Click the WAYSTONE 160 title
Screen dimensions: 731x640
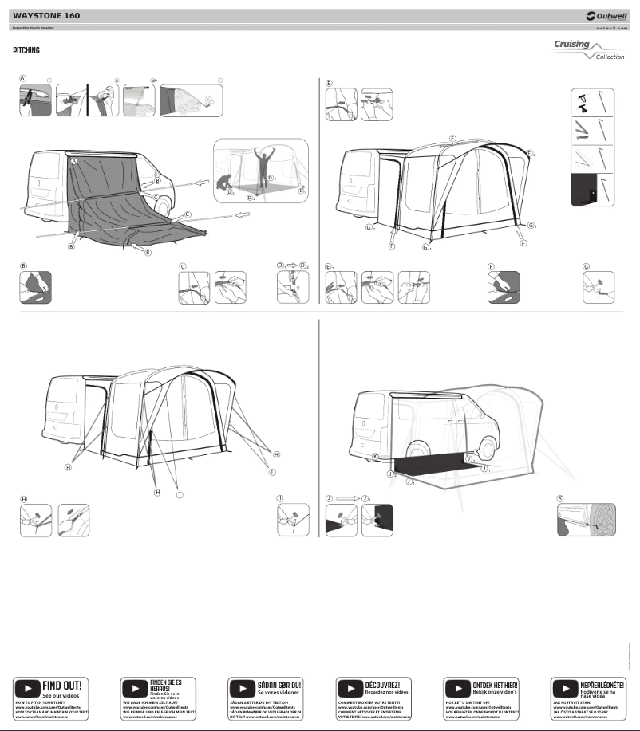46,15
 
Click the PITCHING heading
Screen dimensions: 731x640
26,51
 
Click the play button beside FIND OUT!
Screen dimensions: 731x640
26,687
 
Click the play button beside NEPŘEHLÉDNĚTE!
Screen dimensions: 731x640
563,687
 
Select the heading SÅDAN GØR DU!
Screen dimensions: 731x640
279,684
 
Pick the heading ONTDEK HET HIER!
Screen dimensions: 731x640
495,684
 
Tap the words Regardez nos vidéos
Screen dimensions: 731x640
385,692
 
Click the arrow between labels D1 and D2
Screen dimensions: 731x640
293,265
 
